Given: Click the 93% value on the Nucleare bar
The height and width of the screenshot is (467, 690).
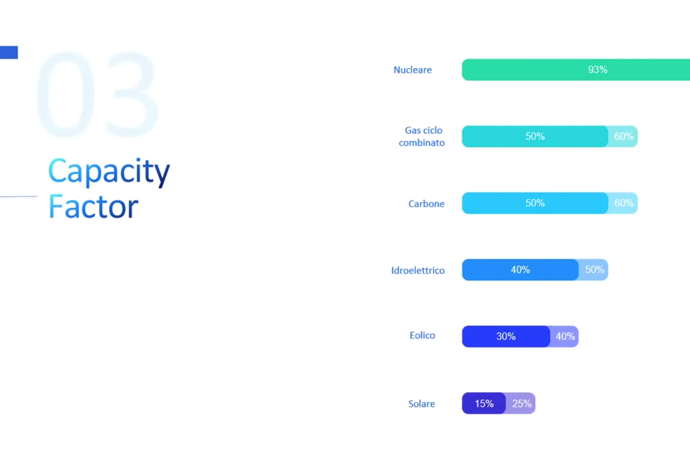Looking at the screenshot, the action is tap(598, 70).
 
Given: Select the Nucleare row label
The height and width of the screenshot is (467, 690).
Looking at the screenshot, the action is tap(412, 70).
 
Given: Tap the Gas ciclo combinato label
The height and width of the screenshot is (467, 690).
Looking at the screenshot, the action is tap(422, 137).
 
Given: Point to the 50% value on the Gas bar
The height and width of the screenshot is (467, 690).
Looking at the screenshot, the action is tap(535, 136).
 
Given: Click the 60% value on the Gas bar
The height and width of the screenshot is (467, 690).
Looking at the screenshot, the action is tap(624, 136).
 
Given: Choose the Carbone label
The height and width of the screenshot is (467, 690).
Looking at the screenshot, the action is tap(427, 204).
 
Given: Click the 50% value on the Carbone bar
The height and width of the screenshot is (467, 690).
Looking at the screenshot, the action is tap(535, 203).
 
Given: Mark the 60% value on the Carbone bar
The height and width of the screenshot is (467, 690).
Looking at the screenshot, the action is tap(624, 203).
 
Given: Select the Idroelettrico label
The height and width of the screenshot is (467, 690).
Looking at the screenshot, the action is tap(418, 270).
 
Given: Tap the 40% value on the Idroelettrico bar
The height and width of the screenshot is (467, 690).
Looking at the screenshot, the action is tap(520, 270).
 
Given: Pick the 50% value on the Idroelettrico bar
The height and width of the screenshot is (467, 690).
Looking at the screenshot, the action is tap(594, 270).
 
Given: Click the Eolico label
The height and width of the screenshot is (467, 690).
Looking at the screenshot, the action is tap(422, 335).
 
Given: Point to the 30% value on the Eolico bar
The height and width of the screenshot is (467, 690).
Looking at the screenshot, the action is tap(506, 336).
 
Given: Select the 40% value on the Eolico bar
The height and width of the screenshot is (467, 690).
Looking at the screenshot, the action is tap(565, 336).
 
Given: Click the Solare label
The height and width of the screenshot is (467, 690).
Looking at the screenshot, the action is tap(422, 403).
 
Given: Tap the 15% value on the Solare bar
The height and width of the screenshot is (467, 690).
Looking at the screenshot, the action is tap(484, 403).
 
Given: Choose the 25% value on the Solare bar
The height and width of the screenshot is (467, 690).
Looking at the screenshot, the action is tap(521, 403).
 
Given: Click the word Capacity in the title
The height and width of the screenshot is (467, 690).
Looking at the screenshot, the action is tap(109, 172).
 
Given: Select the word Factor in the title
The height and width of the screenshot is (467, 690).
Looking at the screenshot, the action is tap(93, 207).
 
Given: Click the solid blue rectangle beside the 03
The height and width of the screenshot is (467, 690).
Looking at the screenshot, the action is tap(9, 53).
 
